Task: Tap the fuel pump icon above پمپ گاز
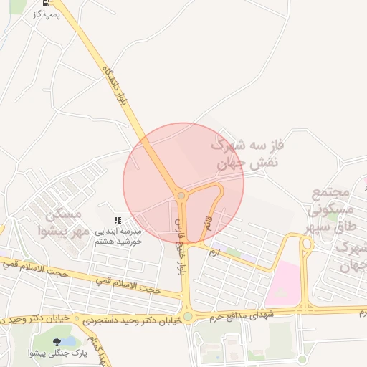point(46,2)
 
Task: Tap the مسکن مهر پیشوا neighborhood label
point(64,223)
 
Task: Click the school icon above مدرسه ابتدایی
point(118,221)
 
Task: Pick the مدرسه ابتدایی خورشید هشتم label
point(118,237)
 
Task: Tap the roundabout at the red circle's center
point(181,195)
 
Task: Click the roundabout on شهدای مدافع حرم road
point(188,315)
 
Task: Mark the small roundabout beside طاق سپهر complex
point(307,244)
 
